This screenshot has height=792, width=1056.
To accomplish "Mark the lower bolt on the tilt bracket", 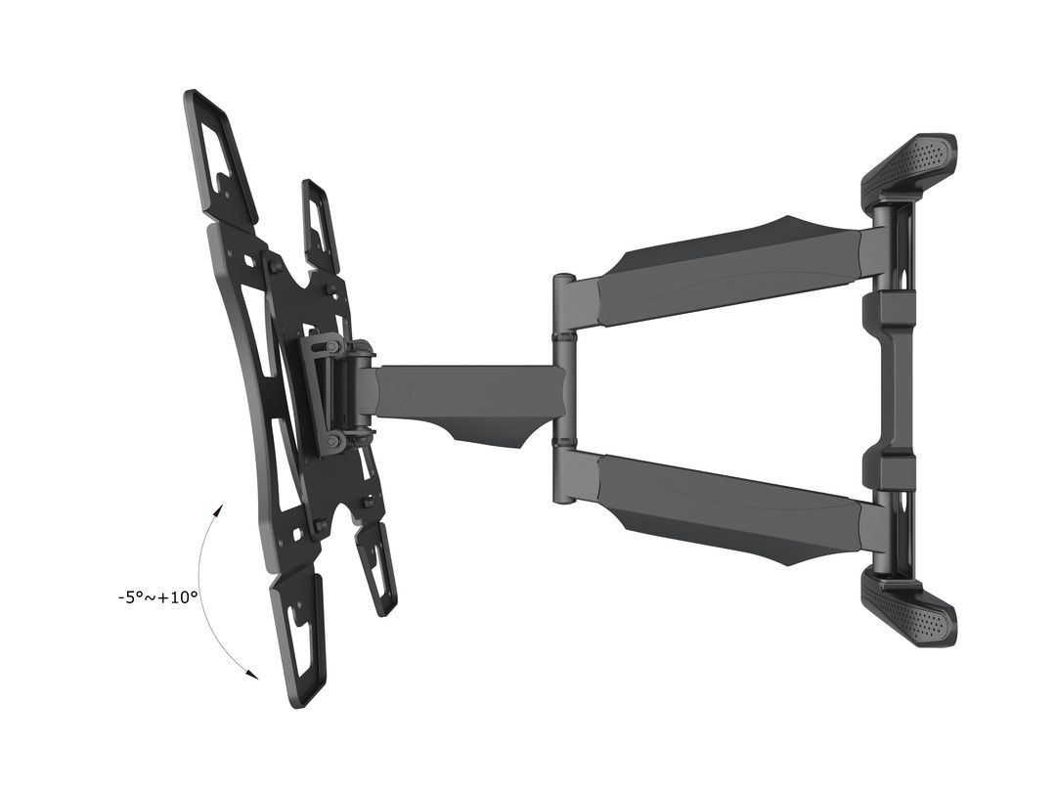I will click(x=333, y=441).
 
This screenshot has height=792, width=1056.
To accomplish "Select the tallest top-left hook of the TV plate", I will click(x=219, y=152).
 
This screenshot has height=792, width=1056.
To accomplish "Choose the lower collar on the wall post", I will click(x=891, y=471).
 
